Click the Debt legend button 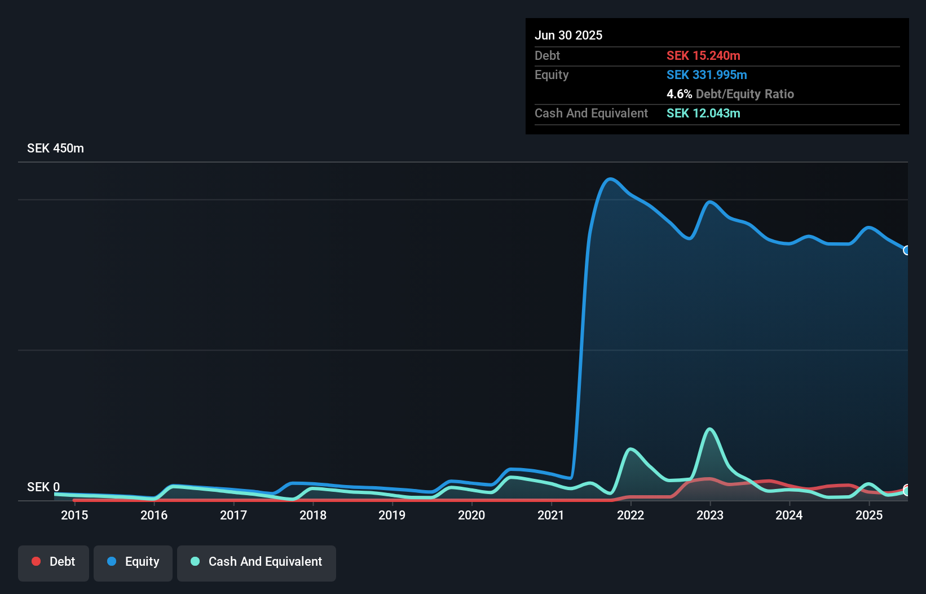coord(53,562)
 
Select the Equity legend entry coord(133,562)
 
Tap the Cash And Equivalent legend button coord(257,562)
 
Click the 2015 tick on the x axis coord(74,515)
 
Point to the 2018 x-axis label coord(313,515)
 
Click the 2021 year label coord(551,515)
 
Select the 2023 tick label coord(710,515)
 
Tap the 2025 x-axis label coord(869,515)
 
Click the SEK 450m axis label coord(55,148)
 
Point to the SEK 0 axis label coord(43,487)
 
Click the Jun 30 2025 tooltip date coord(568,35)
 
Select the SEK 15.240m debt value coord(703,55)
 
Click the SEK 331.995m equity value coord(707,75)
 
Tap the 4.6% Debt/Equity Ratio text coord(730,94)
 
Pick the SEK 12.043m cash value coord(703,113)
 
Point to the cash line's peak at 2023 coord(710,429)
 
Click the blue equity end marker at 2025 coord(906,250)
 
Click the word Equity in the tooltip coord(552,75)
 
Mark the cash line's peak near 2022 coord(630,449)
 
